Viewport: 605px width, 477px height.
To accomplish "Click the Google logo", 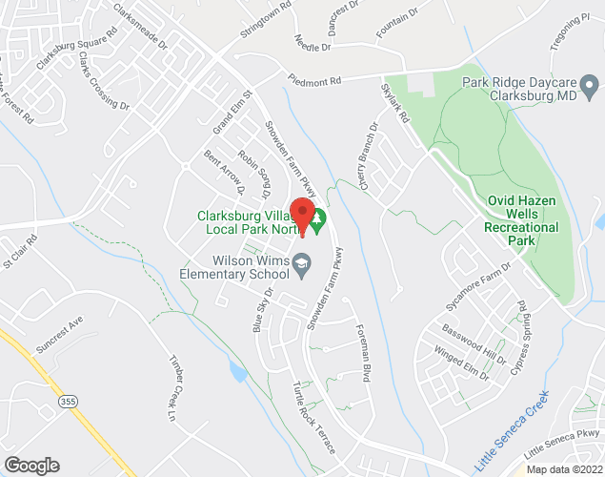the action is click(x=31, y=465).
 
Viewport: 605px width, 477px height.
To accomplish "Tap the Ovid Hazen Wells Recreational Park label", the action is click(x=522, y=221).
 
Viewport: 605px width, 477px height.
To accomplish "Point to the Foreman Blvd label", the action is click(x=361, y=351).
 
